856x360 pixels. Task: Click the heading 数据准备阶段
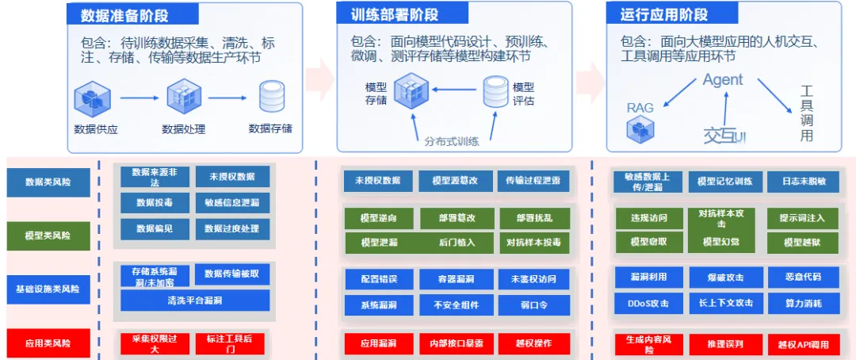tap(124, 15)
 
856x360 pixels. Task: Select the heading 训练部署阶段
tap(394, 15)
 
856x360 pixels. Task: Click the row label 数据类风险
tap(48, 182)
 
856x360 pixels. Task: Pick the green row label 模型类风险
tap(48, 236)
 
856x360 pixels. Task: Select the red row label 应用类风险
tap(48, 343)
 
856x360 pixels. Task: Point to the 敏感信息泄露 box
tap(231, 203)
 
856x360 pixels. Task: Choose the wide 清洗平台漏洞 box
tap(194, 301)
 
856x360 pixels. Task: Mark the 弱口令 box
tap(534, 304)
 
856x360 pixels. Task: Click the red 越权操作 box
tap(534, 344)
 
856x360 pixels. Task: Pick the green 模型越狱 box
tap(803, 243)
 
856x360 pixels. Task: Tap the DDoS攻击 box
tap(648, 303)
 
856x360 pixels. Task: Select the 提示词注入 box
tap(803, 218)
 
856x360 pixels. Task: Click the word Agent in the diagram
tap(722, 80)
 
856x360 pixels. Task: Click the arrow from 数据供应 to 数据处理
tap(139, 98)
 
